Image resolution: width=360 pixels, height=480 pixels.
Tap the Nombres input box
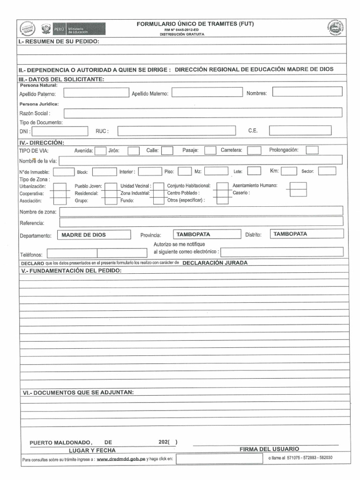pyautogui.click(x=307, y=92)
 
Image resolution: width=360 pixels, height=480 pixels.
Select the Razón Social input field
pyautogui.click(x=202, y=113)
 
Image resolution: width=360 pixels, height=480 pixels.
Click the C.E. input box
pyautogui.click(x=300, y=130)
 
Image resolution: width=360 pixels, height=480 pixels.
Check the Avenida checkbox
pyautogui.click(x=100, y=150)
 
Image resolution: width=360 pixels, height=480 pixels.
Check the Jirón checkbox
pyautogui.click(x=134, y=150)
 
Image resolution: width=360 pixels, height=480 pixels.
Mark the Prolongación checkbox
pyautogui.click(x=312, y=150)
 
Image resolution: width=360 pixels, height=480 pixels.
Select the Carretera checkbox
pyautogui.click(x=254, y=150)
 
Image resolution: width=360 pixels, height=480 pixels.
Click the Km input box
pyautogui.click(x=289, y=171)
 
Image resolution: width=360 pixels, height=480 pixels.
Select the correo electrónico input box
pyautogui.click(x=281, y=252)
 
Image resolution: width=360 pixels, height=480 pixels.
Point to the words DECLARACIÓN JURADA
pyautogui.click(x=215, y=263)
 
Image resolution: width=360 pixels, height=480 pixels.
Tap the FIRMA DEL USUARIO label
pyautogui.click(x=269, y=449)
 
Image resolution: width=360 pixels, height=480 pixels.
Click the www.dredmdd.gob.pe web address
pyautogui.click(x=121, y=459)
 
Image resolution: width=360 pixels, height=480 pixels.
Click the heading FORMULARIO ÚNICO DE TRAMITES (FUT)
pyautogui.click(x=195, y=24)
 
